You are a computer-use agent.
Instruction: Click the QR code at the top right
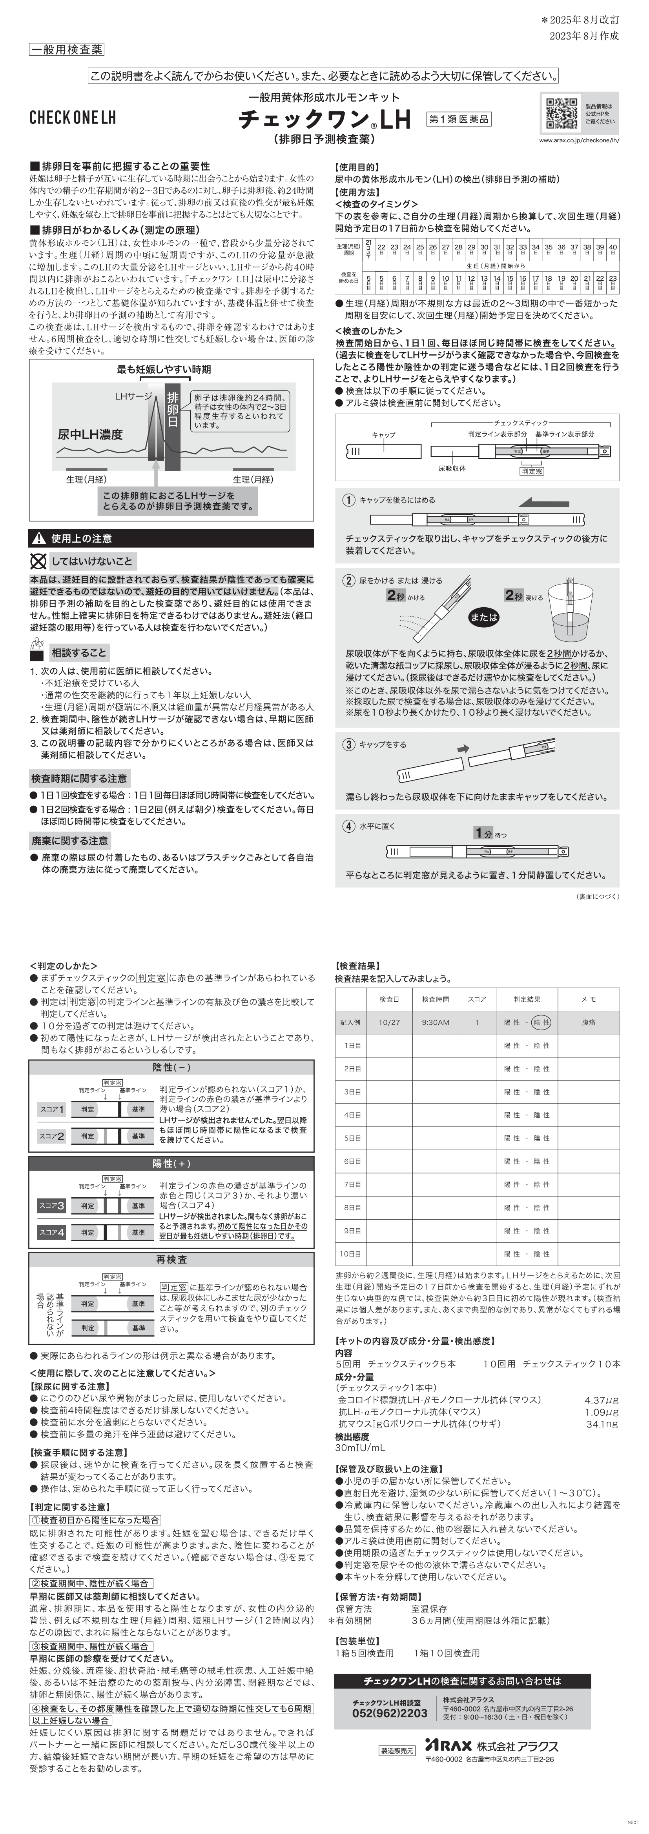click(x=562, y=113)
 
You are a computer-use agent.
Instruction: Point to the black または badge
click(x=484, y=617)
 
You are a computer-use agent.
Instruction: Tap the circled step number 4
click(x=348, y=826)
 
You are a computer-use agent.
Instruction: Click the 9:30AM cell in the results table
click(x=435, y=1022)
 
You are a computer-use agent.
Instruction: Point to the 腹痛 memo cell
click(x=589, y=1022)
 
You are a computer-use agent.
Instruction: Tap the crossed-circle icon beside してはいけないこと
click(x=38, y=561)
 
